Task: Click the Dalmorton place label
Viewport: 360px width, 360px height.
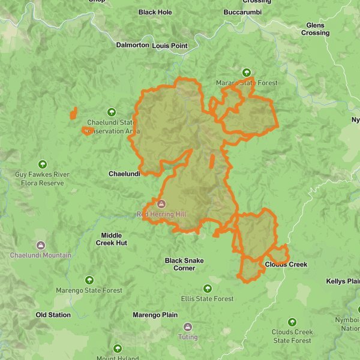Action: coord(133,45)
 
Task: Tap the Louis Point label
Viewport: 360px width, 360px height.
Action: coord(170,46)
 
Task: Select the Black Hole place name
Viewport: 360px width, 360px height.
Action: coord(155,12)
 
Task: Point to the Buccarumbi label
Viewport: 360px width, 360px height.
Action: coord(242,12)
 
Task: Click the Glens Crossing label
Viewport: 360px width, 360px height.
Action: coord(315,29)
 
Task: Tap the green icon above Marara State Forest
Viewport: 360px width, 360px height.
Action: coord(247,73)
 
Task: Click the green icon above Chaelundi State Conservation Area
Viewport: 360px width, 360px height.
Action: coord(111,112)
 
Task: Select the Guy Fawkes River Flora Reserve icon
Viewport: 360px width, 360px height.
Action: coord(42,164)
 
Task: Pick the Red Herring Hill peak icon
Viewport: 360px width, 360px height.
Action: coord(161,204)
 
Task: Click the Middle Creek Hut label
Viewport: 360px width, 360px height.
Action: coord(111,239)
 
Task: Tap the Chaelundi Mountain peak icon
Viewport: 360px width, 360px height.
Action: coord(40,245)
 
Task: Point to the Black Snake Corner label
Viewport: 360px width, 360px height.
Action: coord(184,264)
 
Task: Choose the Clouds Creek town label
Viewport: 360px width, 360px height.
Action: coord(286,265)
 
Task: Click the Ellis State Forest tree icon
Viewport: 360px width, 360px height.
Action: coord(208,289)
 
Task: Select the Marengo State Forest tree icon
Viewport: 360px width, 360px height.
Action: coord(89,280)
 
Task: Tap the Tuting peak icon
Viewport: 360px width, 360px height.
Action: coord(188,327)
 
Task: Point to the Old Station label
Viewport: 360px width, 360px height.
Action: coord(53,315)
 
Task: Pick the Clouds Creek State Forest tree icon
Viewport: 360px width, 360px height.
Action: coord(292,322)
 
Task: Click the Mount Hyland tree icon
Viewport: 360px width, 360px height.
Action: coord(117,349)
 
